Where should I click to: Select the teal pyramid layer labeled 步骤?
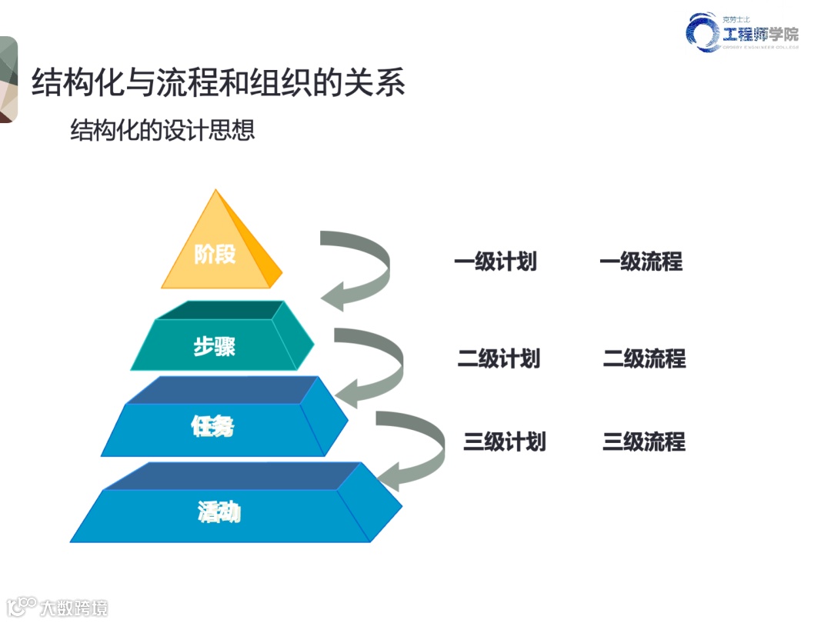[x=219, y=345]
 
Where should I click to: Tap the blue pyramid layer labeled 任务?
[x=219, y=427]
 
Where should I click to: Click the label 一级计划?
[x=495, y=262]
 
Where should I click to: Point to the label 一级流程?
[x=640, y=262]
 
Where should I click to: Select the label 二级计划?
[x=499, y=358]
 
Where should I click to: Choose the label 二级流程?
[x=644, y=358]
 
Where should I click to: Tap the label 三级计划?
[x=504, y=441]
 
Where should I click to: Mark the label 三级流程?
[x=644, y=441]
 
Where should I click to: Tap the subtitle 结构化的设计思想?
[x=162, y=130]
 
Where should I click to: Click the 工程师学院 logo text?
[x=759, y=34]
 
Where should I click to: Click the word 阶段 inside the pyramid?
[x=215, y=254]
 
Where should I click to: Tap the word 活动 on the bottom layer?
[x=219, y=511]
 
